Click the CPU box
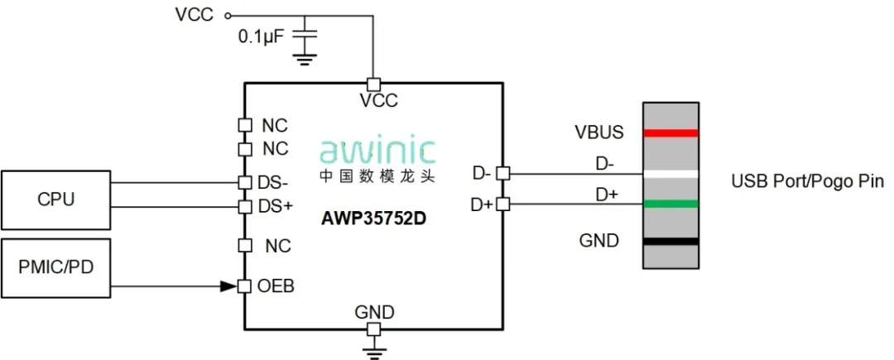[x=55, y=199]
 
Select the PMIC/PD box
[x=55, y=267]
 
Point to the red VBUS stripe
[x=671, y=132]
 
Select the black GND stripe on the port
[x=671, y=241]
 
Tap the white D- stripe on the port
[x=671, y=174]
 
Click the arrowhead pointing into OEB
[x=228, y=286]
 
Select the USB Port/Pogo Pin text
[x=807, y=180]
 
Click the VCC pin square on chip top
[x=373, y=84]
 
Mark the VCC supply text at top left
[x=194, y=14]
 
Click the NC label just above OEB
[x=276, y=246]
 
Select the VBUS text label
[x=600, y=132]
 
